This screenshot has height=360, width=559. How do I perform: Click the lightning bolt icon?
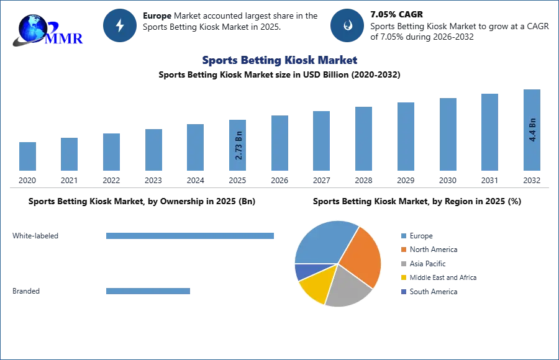click(x=120, y=25)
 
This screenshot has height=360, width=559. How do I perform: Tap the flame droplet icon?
click(x=347, y=25)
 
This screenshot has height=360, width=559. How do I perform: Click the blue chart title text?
click(x=279, y=60)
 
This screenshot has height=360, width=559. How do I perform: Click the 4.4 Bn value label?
click(x=532, y=129)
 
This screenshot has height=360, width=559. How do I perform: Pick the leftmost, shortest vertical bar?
click(x=27, y=156)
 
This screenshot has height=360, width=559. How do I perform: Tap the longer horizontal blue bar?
click(x=191, y=236)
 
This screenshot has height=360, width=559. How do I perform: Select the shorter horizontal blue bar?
click(x=148, y=292)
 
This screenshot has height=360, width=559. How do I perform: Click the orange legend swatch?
click(x=403, y=250)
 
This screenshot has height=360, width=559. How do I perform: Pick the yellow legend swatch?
click(x=403, y=278)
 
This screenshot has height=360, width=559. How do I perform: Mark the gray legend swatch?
click(x=403, y=264)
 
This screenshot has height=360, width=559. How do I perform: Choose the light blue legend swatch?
click(x=403, y=235)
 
